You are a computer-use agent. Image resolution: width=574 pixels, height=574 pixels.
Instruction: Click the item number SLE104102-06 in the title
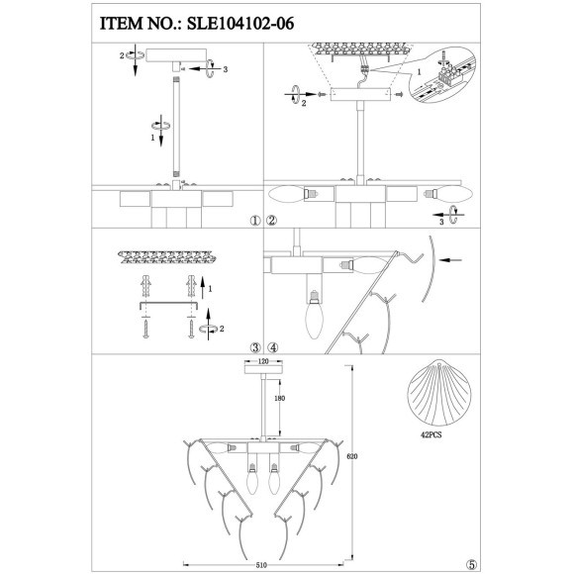tap(240, 24)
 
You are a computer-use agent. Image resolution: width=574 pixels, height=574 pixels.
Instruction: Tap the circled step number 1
tap(255, 221)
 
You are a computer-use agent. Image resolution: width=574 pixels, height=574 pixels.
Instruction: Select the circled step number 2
tap(272, 221)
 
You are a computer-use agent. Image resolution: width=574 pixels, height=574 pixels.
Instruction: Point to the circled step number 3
tap(255, 347)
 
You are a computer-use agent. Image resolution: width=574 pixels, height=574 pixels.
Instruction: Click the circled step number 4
tap(273, 347)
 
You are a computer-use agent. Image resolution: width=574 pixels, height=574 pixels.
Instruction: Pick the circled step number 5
tap(472, 564)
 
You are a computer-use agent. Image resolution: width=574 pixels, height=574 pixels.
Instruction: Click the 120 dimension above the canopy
tap(263, 361)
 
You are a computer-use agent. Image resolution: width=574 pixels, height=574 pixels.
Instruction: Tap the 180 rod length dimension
tap(279, 398)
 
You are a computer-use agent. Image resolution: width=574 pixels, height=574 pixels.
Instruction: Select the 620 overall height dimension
tap(351, 456)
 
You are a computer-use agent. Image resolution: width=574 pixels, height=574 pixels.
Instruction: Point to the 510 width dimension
tap(261, 565)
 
